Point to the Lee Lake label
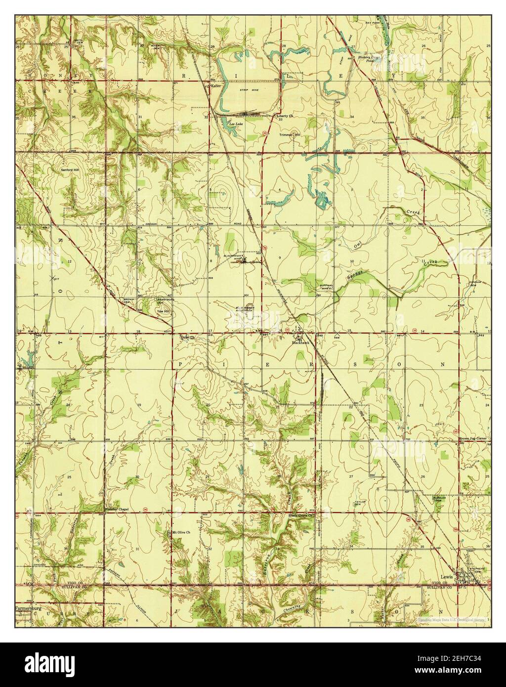click(234, 124)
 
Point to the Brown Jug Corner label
click(473, 438)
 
